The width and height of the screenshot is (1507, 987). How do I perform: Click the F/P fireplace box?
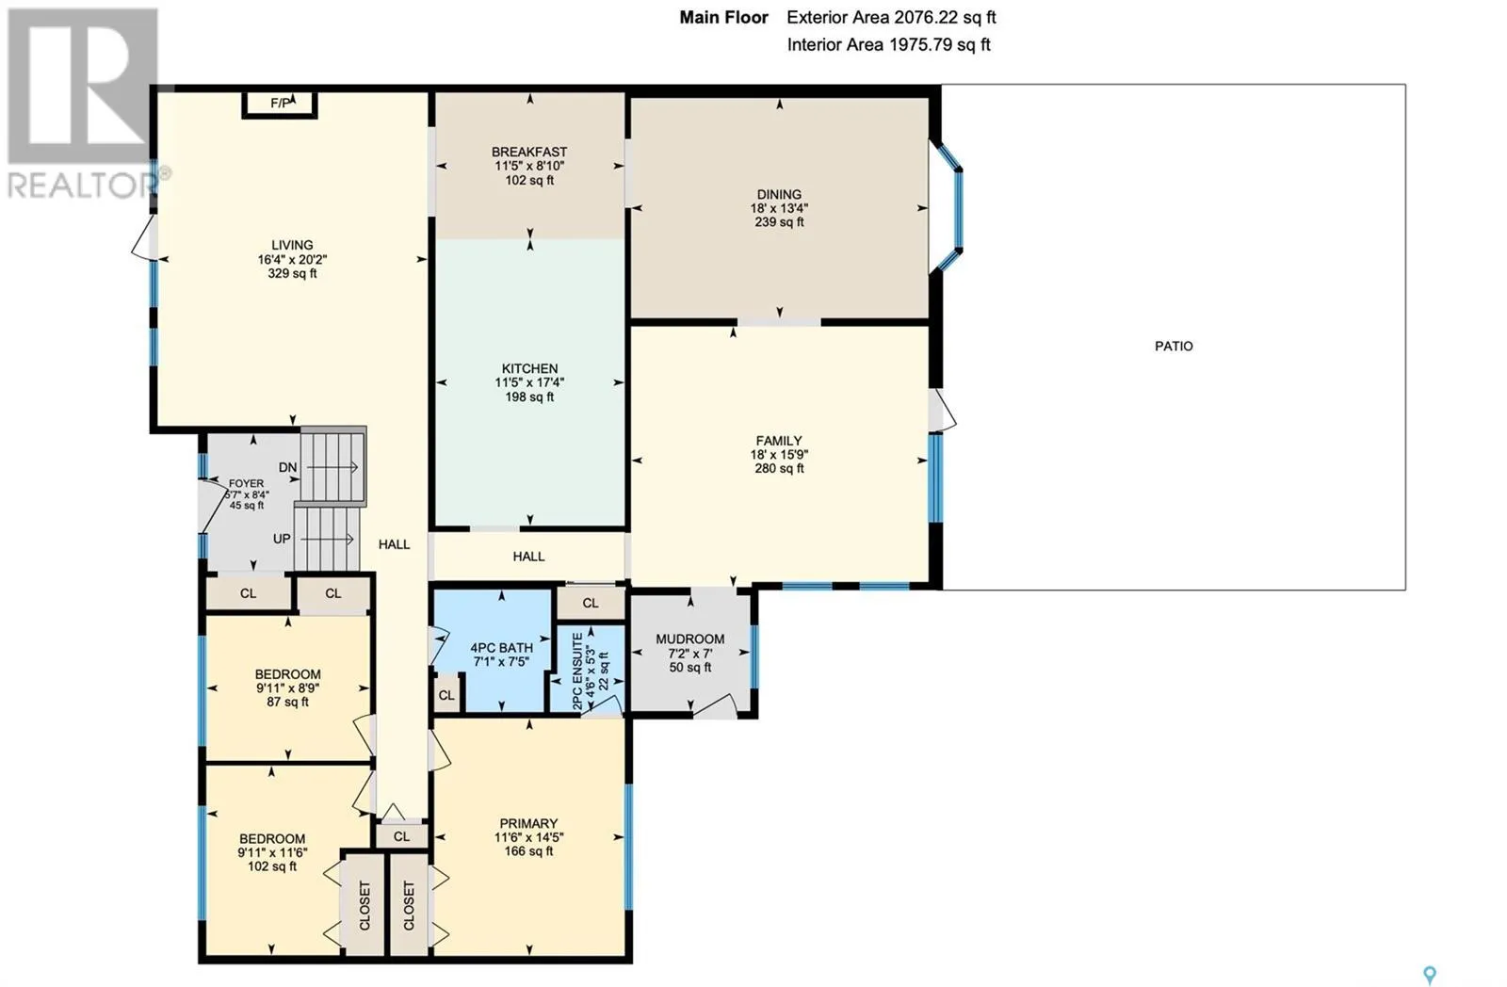(x=280, y=104)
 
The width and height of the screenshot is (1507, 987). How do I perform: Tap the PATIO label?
(x=1174, y=346)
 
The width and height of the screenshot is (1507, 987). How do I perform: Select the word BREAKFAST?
(x=529, y=152)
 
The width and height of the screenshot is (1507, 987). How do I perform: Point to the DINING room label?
(x=779, y=194)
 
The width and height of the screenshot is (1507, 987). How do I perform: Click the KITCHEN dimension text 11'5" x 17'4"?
(x=529, y=382)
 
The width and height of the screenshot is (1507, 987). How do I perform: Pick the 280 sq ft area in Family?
(x=779, y=468)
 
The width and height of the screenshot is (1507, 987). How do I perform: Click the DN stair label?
(x=287, y=467)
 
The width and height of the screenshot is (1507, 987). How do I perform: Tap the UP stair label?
(x=282, y=539)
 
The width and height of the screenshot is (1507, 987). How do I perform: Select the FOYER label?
(x=246, y=484)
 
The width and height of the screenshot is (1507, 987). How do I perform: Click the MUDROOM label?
(x=690, y=639)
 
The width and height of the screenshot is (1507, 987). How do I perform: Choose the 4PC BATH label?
(x=502, y=648)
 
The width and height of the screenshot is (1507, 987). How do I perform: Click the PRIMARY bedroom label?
(x=528, y=823)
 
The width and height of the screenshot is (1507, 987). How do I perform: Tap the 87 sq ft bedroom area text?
(x=287, y=703)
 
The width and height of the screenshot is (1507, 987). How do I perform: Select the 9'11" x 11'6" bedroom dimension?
(x=272, y=852)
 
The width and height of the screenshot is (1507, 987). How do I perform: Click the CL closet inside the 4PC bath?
(x=446, y=696)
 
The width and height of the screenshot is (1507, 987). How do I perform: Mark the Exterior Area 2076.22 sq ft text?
(x=891, y=18)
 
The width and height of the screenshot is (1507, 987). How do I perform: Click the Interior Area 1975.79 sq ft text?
(x=889, y=45)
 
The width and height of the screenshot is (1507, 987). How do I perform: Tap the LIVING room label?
(x=292, y=246)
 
